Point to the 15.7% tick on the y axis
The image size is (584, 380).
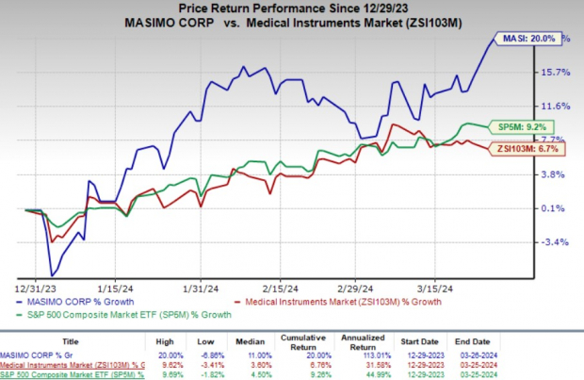[x=558, y=73]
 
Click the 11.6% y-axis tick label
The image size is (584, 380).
[x=558, y=107]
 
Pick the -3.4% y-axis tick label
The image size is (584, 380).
[x=558, y=242]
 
